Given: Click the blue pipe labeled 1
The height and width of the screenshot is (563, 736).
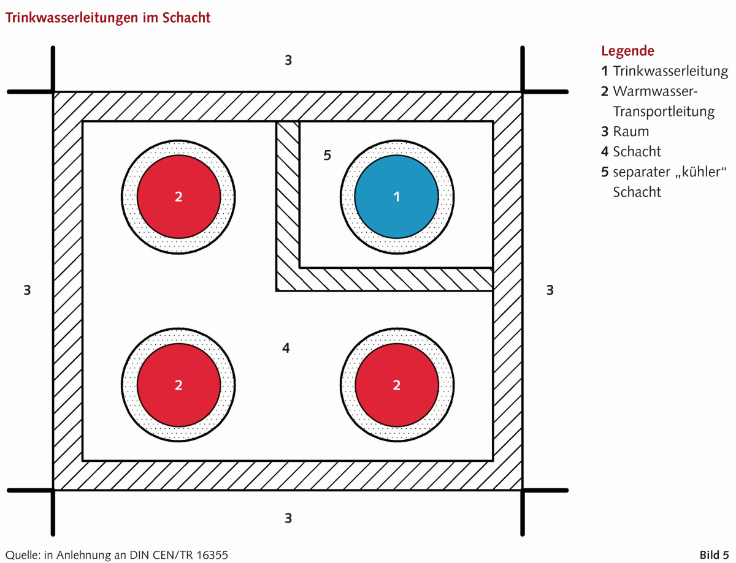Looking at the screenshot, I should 397,197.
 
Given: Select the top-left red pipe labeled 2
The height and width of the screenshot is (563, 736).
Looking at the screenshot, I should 178,197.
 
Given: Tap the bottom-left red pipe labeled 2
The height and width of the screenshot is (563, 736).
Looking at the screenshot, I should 178,385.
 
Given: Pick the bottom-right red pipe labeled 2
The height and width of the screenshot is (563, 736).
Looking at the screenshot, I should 397,385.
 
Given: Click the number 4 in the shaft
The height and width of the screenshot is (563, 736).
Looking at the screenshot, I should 286,349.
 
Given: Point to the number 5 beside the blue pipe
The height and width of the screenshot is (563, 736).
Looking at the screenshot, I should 327,156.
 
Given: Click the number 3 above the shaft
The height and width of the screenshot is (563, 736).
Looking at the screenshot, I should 288,60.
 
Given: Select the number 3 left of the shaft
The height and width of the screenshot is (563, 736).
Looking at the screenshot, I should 27,290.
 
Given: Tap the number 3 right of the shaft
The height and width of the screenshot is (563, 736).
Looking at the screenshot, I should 550,290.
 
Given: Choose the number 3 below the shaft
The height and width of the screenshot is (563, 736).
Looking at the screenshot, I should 288,518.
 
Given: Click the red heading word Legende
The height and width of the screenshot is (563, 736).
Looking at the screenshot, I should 627,51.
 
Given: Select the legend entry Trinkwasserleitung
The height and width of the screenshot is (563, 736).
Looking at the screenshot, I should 670,71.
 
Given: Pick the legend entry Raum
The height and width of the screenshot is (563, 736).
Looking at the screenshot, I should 631,131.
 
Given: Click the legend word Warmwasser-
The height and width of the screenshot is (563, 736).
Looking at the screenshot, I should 656,91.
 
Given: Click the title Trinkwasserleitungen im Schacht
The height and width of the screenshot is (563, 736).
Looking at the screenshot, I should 108,18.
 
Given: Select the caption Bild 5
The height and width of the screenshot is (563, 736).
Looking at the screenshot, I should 714,555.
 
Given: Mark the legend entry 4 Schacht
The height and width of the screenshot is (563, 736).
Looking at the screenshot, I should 631,151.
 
